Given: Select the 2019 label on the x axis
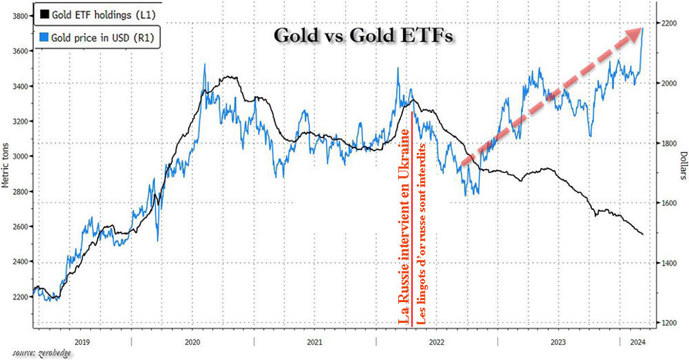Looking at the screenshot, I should click(x=81, y=341).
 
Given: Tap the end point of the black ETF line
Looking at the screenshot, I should click(x=643, y=234).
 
